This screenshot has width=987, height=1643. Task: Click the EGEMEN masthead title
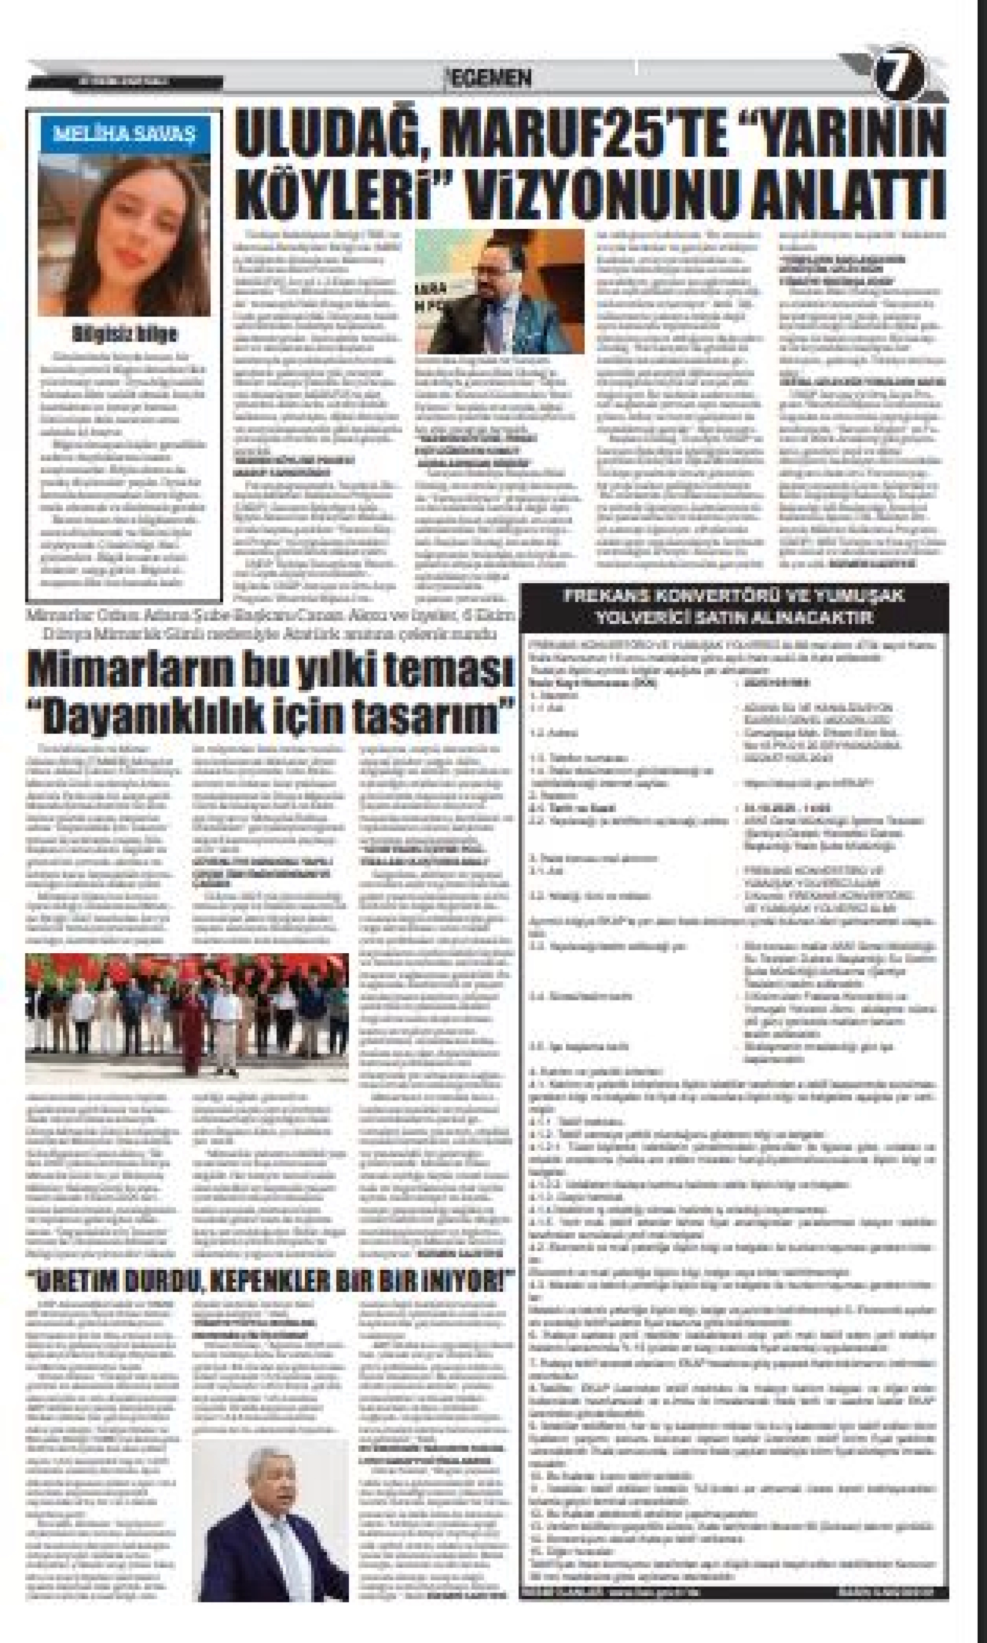(490, 78)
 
